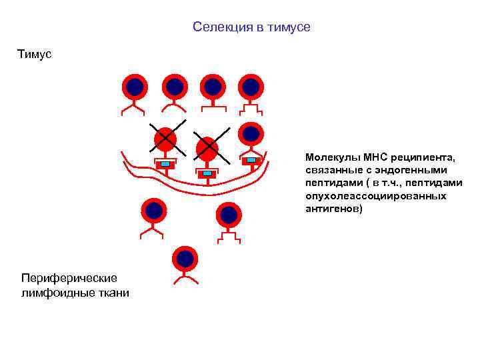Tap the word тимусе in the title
pyautogui.click(x=289, y=27)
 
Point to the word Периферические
pyautogui.click(x=69, y=277)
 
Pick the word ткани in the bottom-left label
pyautogui.click(x=113, y=293)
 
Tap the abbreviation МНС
pyautogui.click(x=377, y=158)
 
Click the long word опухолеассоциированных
pyautogui.click(x=376, y=196)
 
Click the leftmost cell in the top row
pyautogui.click(x=135, y=87)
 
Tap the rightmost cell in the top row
pyautogui.click(x=251, y=87)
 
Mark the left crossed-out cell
pyautogui.click(x=164, y=139)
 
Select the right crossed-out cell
pyautogui.click(x=207, y=148)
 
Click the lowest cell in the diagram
pyautogui.click(x=185, y=259)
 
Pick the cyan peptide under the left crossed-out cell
pyautogui.click(x=164, y=164)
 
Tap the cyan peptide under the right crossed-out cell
pyautogui.click(x=207, y=173)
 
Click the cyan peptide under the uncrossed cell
pyautogui.click(x=251, y=160)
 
